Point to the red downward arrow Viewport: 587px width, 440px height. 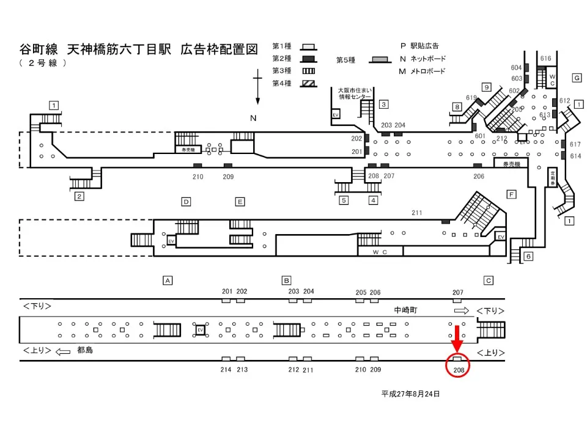coord(457,340)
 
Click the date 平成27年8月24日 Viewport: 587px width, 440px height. coord(410,394)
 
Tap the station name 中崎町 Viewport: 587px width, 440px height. coord(405,310)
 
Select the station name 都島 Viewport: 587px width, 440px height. coord(85,351)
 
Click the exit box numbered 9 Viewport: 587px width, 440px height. coord(487,87)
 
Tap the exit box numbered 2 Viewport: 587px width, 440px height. coord(79,196)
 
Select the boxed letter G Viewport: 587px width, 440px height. coord(576,78)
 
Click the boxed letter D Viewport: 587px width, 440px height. coord(186,201)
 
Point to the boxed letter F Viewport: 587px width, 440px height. coord(512,194)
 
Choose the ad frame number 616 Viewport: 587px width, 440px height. coord(546,58)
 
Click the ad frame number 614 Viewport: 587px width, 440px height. coord(575,156)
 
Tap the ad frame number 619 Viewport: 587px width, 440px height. coord(471,98)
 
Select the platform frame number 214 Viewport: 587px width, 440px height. coord(227,369)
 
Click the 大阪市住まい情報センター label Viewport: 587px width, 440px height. coord(355,93)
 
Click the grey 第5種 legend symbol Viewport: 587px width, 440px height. coord(380,60)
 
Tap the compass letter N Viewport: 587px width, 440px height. coord(253,118)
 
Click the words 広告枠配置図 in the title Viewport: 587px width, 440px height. coord(220,50)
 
